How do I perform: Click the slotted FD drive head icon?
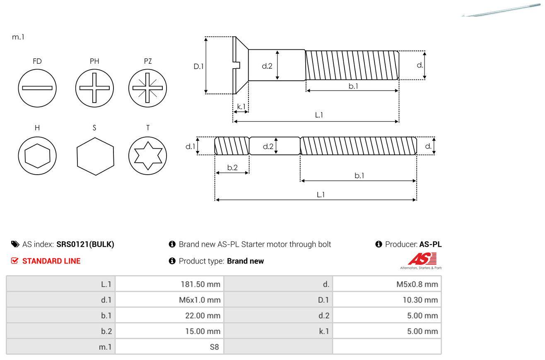37,88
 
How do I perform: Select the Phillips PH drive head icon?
94,88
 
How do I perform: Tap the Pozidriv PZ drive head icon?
148,88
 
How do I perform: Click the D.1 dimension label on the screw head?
199,66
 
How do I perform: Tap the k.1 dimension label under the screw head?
241,106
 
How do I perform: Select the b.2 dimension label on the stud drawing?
232,168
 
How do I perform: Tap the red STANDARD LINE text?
51,261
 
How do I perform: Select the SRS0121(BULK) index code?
85,244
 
